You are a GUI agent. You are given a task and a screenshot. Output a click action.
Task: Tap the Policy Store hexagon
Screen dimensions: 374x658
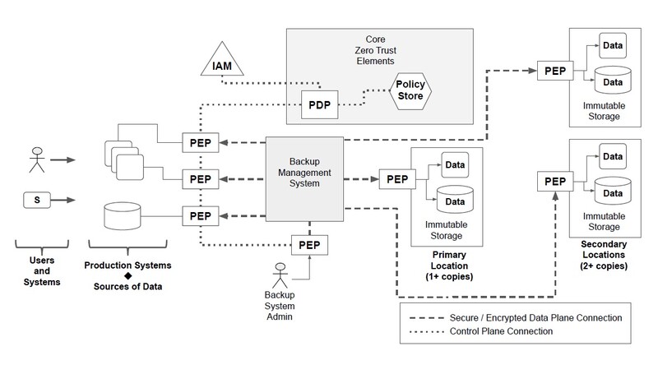(x=410, y=90)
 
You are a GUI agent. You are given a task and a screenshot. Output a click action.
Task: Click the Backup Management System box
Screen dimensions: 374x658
(x=304, y=177)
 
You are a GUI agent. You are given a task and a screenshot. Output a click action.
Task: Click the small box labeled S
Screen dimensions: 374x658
(x=36, y=199)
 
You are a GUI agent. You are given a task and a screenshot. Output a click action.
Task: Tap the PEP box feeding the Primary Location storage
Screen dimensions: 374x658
(x=396, y=178)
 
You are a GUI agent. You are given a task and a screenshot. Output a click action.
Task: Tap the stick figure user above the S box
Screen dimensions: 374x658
(x=36, y=159)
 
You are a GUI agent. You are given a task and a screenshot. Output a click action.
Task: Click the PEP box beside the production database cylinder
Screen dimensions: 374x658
(x=200, y=215)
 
